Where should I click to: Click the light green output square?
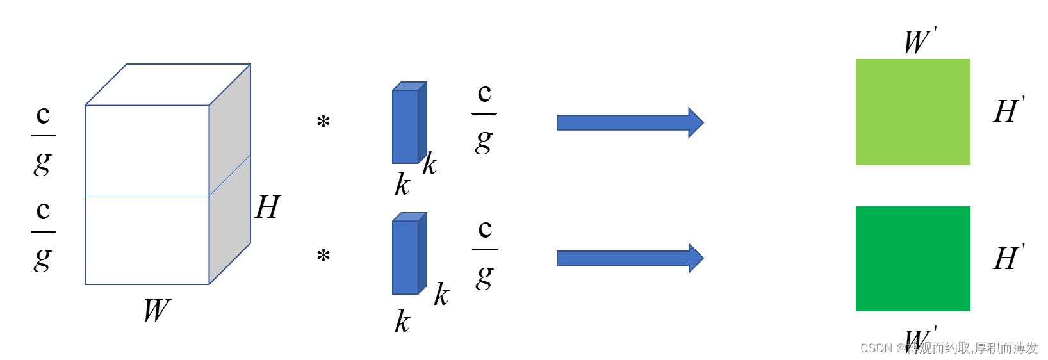click(913, 111)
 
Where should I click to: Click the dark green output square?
click(913, 258)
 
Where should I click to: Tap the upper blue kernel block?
click(407, 124)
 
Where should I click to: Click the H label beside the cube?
click(267, 207)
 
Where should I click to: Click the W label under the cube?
click(156, 311)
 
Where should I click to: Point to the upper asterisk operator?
click(323, 122)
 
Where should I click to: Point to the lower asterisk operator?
click(323, 256)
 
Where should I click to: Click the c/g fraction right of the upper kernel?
click(484, 117)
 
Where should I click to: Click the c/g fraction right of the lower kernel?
click(485, 252)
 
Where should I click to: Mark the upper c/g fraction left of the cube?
click(43, 138)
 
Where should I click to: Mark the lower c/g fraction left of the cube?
click(43, 234)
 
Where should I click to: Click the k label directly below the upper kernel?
click(402, 185)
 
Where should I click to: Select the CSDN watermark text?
click(948, 348)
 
